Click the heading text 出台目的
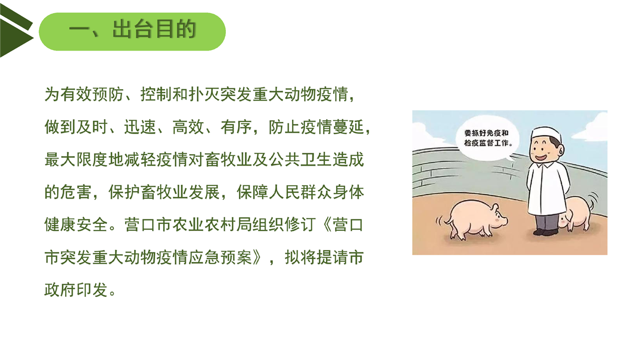point(154,29)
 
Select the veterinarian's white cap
point(546,134)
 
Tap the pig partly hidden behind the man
point(576,213)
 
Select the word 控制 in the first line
point(156,94)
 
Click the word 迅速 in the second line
point(140,127)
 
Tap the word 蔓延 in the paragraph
point(349,127)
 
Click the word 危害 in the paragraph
point(76,192)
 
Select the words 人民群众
point(300,192)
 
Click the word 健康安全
point(76,225)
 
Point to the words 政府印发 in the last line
point(76,290)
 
